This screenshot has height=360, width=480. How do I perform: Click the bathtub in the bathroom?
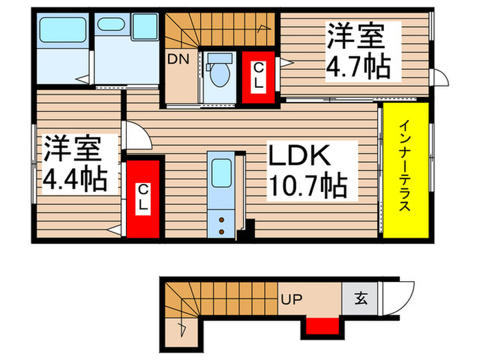62,32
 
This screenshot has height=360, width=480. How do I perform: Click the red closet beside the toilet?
259,76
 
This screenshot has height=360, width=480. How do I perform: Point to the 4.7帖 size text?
356,67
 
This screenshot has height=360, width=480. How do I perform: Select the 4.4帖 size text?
75,178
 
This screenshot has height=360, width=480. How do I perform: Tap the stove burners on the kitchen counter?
223,223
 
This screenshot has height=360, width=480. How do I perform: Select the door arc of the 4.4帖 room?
136,136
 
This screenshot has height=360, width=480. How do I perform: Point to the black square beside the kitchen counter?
250,227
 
